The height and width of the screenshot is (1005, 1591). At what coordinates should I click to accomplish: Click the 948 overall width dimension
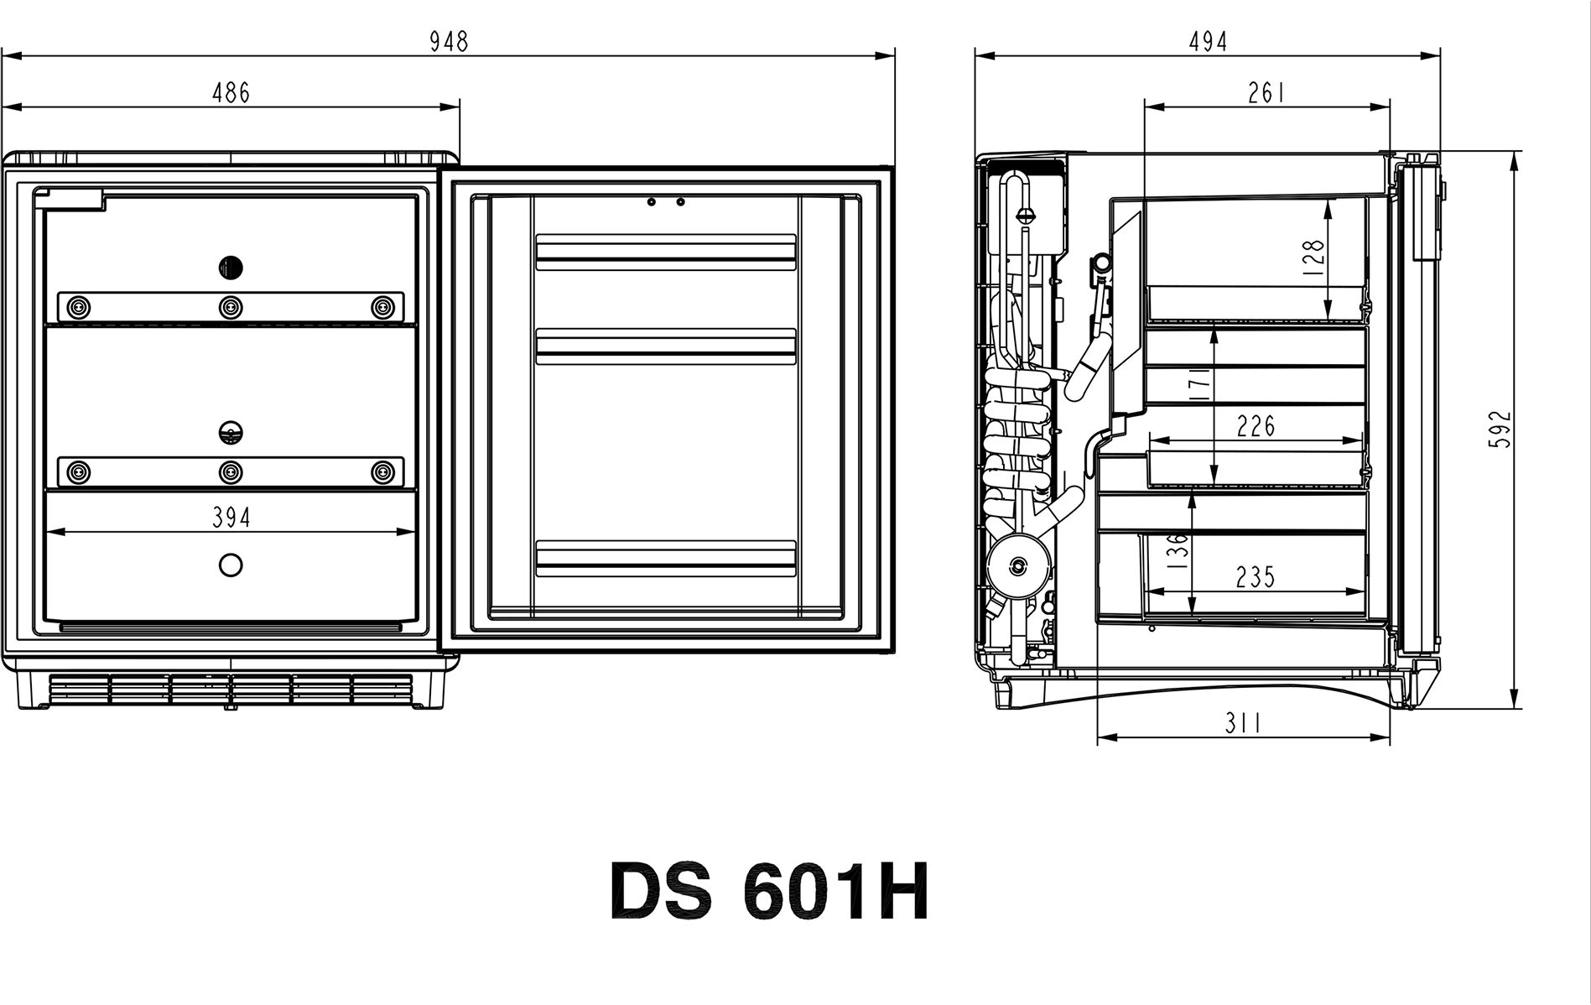[449, 41]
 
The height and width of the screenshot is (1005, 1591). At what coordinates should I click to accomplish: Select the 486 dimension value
[231, 92]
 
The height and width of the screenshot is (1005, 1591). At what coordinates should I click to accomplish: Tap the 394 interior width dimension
[231, 518]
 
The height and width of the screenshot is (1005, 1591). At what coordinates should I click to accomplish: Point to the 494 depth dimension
[1208, 41]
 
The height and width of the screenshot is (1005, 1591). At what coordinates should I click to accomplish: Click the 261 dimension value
[1266, 92]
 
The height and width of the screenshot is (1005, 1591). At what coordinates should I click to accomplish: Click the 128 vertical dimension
[1314, 258]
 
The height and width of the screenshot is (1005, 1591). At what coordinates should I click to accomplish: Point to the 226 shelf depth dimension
[1256, 427]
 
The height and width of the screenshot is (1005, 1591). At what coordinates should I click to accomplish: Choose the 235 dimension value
[1256, 577]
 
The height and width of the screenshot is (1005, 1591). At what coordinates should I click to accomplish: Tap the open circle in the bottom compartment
[231, 565]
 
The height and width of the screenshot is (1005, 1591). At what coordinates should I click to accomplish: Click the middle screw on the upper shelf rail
[231, 307]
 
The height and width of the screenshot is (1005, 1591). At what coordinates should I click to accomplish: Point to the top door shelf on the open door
[666, 252]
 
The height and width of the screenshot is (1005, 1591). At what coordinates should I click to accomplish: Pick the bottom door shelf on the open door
[666, 559]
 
